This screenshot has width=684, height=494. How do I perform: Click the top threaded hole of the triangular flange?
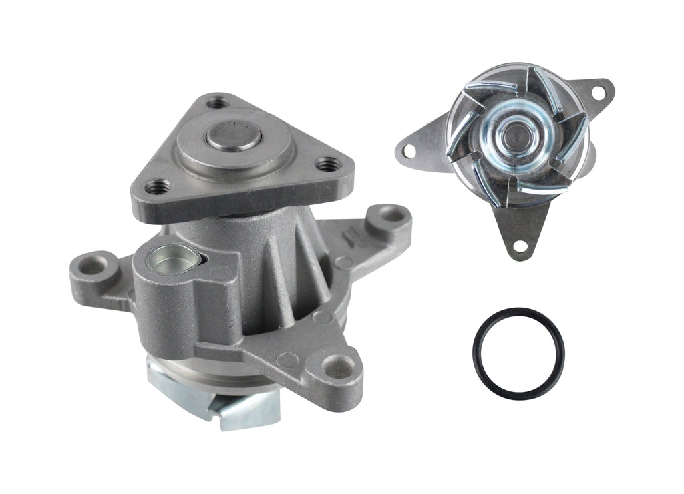click(216, 103)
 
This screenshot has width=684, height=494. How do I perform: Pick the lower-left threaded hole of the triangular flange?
click(158, 187)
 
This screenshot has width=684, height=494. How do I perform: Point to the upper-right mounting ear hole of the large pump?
click(394, 216)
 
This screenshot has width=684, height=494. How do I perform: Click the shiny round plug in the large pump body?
click(170, 258)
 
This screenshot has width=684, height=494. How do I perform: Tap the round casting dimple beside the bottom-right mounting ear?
click(289, 360)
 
